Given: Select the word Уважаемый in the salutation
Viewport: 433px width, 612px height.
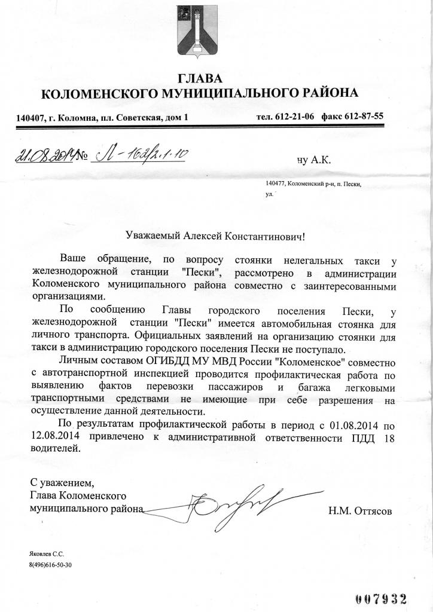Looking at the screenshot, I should coord(154,237).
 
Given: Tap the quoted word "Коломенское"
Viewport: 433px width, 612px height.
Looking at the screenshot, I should coord(324,362).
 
